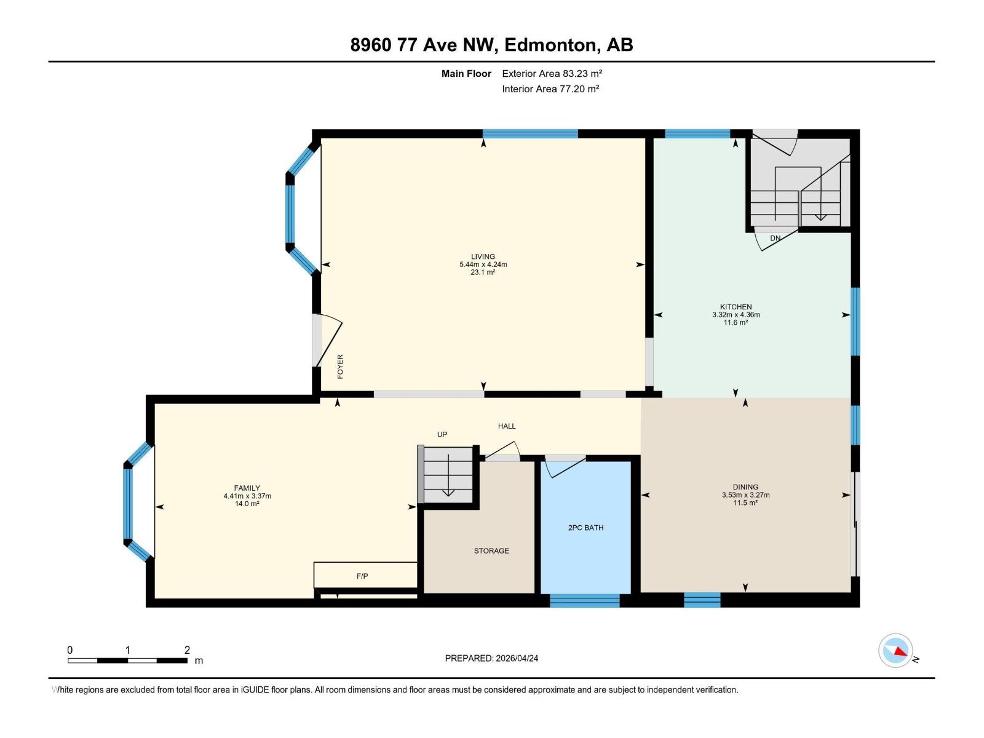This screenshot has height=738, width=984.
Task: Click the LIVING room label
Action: click(x=483, y=256)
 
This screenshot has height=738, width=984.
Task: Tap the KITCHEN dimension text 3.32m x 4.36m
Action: click(x=736, y=315)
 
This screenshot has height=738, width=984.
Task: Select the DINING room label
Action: click(x=745, y=486)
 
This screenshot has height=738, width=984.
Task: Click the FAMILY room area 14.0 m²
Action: click(x=247, y=504)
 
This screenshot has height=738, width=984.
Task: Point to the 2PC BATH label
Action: click(x=585, y=528)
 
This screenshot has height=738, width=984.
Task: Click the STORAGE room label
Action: click(x=491, y=550)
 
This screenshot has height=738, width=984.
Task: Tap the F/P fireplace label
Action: click(x=362, y=576)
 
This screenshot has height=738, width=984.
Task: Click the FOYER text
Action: click(x=340, y=367)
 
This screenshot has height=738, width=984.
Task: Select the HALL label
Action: click(x=507, y=426)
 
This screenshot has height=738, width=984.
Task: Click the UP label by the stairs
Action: click(x=442, y=434)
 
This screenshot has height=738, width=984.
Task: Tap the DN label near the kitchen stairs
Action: click(x=775, y=238)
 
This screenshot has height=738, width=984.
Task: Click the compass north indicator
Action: click(x=896, y=651)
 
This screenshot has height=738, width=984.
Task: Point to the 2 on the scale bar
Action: click(x=187, y=650)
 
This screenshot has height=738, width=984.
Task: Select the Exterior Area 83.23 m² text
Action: click(x=552, y=73)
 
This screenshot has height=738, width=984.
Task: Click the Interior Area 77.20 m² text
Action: click(x=550, y=89)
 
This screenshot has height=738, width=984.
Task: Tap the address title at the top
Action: click(x=491, y=45)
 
